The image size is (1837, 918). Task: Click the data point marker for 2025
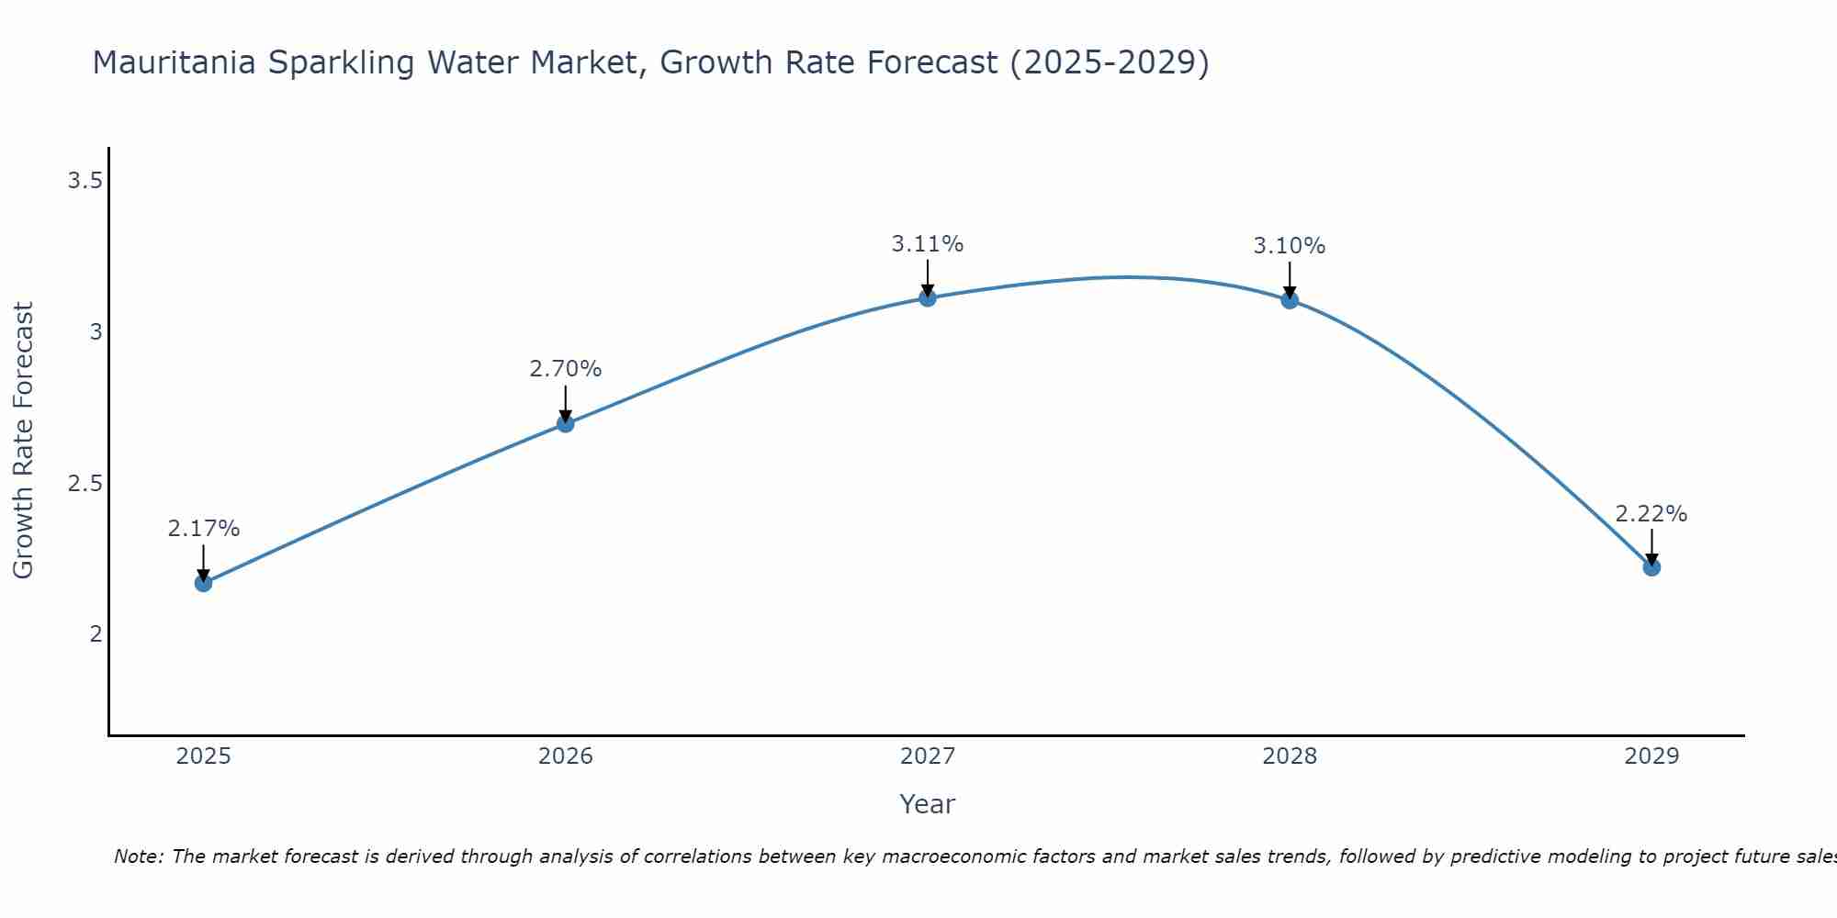[203, 583]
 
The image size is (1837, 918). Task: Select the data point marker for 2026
[565, 423]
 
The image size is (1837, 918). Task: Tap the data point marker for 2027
[927, 297]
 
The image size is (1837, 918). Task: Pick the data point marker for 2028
[1290, 300]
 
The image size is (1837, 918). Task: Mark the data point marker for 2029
[1651, 567]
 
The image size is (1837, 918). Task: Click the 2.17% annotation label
[203, 529]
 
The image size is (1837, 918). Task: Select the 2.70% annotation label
[565, 369]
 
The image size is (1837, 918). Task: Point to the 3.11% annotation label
[927, 244]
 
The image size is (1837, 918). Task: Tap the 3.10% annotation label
[1290, 246]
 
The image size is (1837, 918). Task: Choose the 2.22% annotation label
[1651, 514]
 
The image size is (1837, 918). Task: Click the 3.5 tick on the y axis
[84, 181]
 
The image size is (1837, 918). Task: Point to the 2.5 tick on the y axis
[84, 483]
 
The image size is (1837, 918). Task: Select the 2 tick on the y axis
[96, 633]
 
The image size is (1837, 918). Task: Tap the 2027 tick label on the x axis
[927, 756]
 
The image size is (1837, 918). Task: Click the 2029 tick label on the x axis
[1651, 756]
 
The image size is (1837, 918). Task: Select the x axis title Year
[927, 804]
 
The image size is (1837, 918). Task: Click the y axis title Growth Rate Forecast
[23, 441]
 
